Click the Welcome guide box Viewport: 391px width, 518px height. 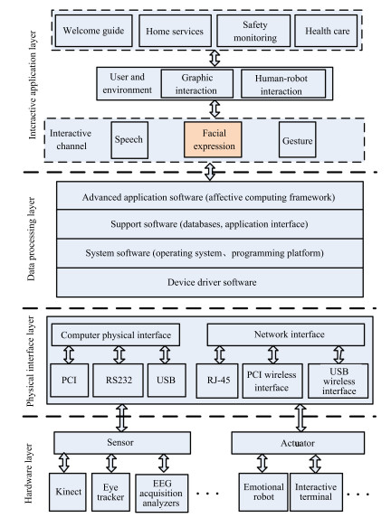93,31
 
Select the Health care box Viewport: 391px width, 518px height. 326,31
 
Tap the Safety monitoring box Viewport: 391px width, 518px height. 253,31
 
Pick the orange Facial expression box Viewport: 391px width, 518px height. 213,139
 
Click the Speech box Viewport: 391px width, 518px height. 129,140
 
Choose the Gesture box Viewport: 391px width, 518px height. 298,140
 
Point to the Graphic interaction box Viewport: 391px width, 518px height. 197,83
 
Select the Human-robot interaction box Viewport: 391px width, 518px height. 283,83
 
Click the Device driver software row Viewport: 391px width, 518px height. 210,282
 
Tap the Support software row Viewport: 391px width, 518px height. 210,224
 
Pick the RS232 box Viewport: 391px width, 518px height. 118,381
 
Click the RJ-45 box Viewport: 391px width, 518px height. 217,381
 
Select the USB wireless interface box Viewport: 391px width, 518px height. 339,381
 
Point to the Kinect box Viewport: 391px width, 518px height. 68,492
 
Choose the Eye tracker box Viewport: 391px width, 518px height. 110,492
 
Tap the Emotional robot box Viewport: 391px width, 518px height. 263,492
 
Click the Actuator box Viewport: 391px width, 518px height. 298,443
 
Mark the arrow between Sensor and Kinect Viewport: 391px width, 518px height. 64,463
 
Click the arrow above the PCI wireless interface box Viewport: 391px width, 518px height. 273,354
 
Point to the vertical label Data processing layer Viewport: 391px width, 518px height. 31,240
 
